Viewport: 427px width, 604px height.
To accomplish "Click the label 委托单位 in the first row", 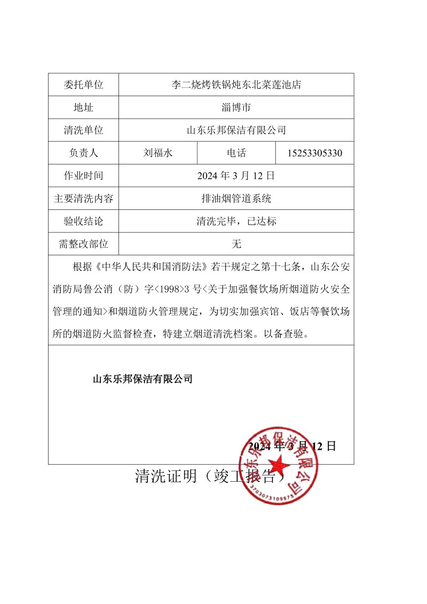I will pyautogui.click(x=83, y=84).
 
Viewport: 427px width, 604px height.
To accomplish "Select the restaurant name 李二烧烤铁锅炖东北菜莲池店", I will pyautogui.click(x=236, y=84).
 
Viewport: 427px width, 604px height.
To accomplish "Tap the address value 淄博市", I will pyautogui.click(x=236, y=107).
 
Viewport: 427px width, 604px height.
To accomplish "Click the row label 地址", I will pyautogui.click(x=83, y=107).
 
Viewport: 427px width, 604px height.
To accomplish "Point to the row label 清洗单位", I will pyautogui.click(x=83, y=130).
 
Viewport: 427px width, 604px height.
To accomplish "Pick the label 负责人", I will pyautogui.click(x=83, y=153).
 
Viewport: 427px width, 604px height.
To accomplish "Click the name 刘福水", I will pyautogui.click(x=158, y=153).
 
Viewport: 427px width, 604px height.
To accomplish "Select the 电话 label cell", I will pyautogui.click(x=236, y=153).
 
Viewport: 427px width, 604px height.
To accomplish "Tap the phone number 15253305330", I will pyautogui.click(x=314, y=153).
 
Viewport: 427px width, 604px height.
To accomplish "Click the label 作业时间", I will pyautogui.click(x=83, y=176).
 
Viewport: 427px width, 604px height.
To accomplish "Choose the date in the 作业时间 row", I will pyautogui.click(x=236, y=176).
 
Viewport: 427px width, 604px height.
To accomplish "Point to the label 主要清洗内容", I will pyautogui.click(x=83, y=199).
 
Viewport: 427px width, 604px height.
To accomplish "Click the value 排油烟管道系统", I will pyautogui.click(x=236, y=199).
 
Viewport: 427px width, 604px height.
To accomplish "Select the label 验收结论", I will pyautogui.click(x=83, y=221).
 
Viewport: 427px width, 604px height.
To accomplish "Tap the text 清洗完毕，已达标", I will pyautogui.click(x=236, y=221).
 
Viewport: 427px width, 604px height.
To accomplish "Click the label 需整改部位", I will pyautogui.click(x=83, y=244).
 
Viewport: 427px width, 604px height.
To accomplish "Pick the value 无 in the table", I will pyautogui.click(x=236, y=244).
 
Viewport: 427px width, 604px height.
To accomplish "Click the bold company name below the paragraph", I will pyautogui.click(x=143, y=380).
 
